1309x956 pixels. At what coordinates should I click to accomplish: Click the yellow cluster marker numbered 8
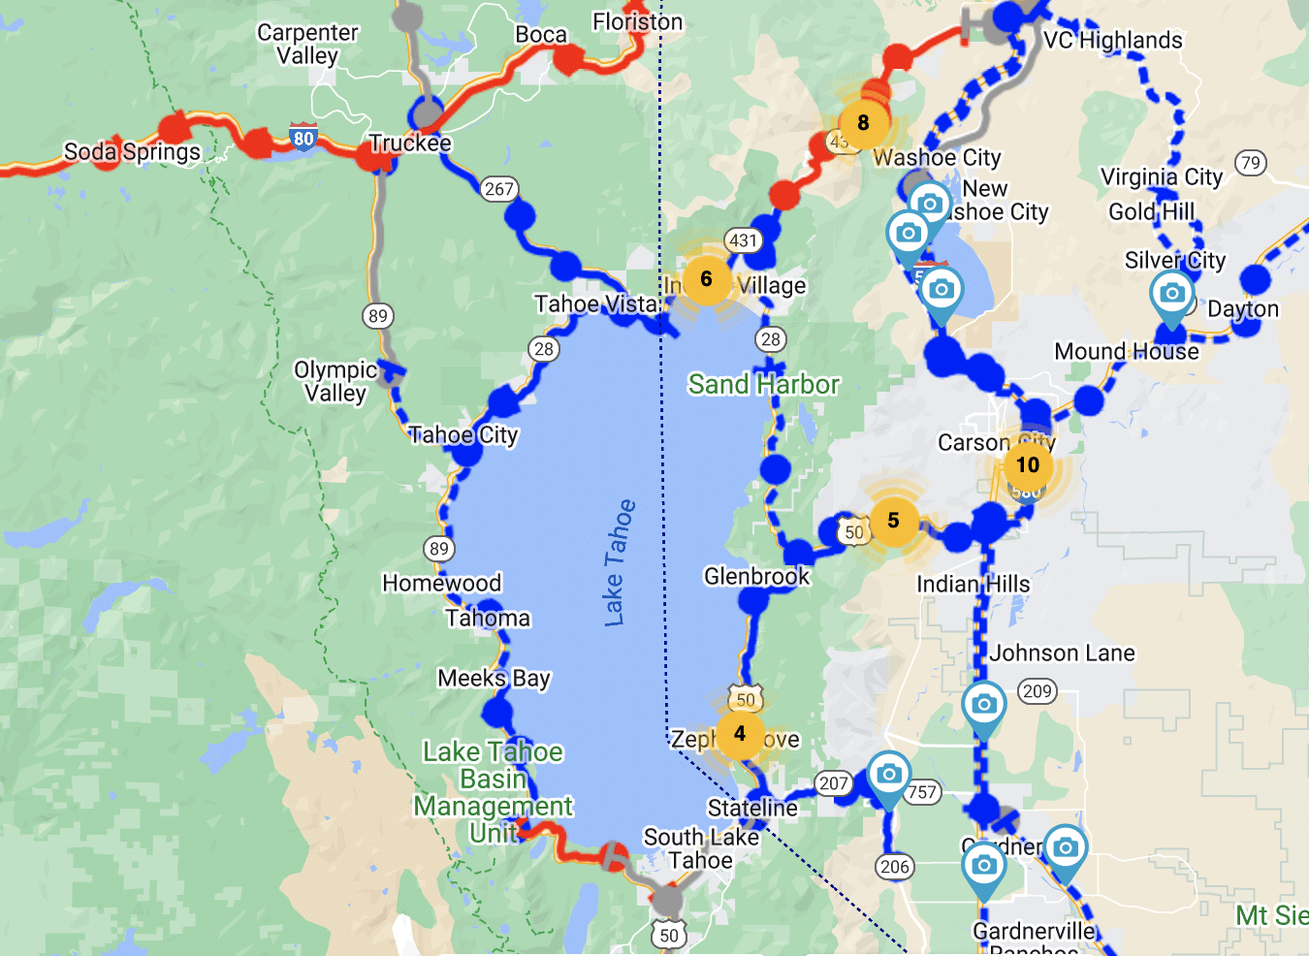(863, 123)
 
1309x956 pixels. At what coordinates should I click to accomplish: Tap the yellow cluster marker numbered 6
(706, 279)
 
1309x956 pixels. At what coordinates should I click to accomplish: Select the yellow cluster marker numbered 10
(1028, 464)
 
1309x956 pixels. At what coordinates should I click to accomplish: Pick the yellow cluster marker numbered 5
(893, 521)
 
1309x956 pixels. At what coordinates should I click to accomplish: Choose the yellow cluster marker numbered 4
(740, 733)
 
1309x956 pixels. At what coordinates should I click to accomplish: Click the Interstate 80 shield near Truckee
(303, 138)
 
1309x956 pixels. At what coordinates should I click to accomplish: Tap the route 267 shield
(498, 189)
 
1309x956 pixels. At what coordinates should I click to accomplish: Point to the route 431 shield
(743, 240)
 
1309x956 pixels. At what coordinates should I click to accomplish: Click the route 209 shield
(1037, 691)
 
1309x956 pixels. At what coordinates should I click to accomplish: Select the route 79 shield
(1251, 163)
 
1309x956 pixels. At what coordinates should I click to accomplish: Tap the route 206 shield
(895, 867)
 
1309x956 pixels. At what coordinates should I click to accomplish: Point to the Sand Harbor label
(763, 385)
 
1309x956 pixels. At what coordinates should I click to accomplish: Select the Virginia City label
(1161, 176)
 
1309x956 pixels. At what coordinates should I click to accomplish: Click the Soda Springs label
(132, 152)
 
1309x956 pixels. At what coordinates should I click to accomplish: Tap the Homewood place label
(441, 583)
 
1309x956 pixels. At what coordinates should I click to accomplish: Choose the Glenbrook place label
(756, 576)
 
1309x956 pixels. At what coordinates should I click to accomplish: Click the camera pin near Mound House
(1171, 293)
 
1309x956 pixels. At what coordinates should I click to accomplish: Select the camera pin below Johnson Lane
(983, 704)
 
